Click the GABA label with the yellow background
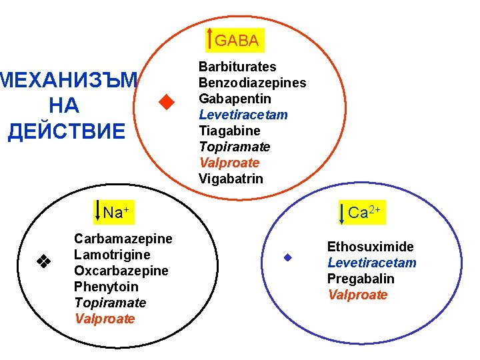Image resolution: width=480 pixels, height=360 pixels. click(237, 40)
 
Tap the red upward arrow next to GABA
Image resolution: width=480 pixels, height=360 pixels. click(211, 39)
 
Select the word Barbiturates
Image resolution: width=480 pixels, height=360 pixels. click(237, 67)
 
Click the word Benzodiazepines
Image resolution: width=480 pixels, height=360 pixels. click(253, 83)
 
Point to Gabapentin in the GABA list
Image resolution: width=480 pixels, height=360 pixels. click(235, 99)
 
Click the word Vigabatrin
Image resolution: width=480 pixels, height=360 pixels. click(231, 179)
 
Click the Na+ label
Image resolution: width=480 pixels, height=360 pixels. click(115, 213)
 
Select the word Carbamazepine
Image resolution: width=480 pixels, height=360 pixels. click(123, 239)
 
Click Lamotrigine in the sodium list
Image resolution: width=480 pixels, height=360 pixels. click(112, 255)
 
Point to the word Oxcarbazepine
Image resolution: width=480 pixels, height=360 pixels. click(121, 271)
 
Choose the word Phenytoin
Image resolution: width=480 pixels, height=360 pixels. click(107, 287)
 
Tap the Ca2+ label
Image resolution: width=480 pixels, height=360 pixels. click(364, 213)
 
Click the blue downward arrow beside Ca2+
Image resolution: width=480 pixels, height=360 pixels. click(341, 211)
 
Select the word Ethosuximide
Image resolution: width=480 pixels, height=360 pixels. click(370, 247)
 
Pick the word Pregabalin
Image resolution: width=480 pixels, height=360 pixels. click(361, 279)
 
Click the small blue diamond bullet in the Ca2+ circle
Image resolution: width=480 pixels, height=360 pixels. click(287, 258)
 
